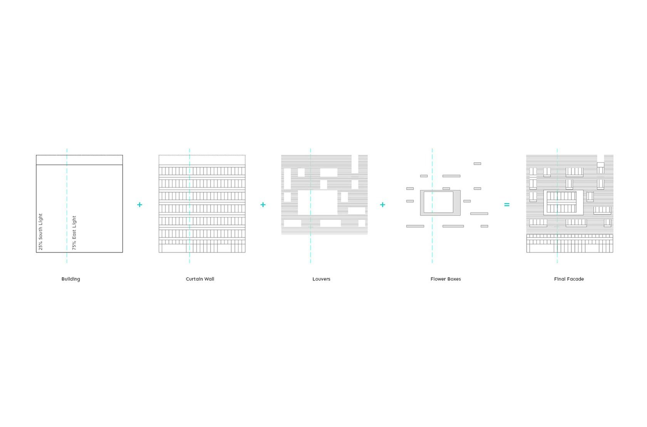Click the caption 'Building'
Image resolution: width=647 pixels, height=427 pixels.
(71, 279)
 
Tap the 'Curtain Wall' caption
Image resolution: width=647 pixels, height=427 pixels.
(200, 279)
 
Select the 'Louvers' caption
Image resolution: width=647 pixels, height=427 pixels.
(321, 279)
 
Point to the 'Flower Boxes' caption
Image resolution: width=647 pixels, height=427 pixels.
(446, 279)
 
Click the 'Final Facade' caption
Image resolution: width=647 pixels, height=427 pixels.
(569, 279)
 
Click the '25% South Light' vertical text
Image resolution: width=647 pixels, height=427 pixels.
(40, 232)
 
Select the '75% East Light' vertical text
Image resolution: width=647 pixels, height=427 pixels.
(74, 232)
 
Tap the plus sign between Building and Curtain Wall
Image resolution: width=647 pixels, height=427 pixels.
(139, 205)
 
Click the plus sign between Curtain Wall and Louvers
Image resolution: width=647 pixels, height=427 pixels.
(263, 205)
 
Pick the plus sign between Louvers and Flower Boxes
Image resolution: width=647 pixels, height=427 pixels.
(382, 205)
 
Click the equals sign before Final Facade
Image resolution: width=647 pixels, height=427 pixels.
(507, 205)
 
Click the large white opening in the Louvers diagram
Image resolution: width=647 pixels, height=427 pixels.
(317, 202)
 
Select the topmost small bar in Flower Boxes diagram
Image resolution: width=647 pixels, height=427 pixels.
(477, 163)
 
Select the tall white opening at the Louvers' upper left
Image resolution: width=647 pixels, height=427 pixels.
(287, 178)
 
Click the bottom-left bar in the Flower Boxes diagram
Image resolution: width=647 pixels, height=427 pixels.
(415, 226)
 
